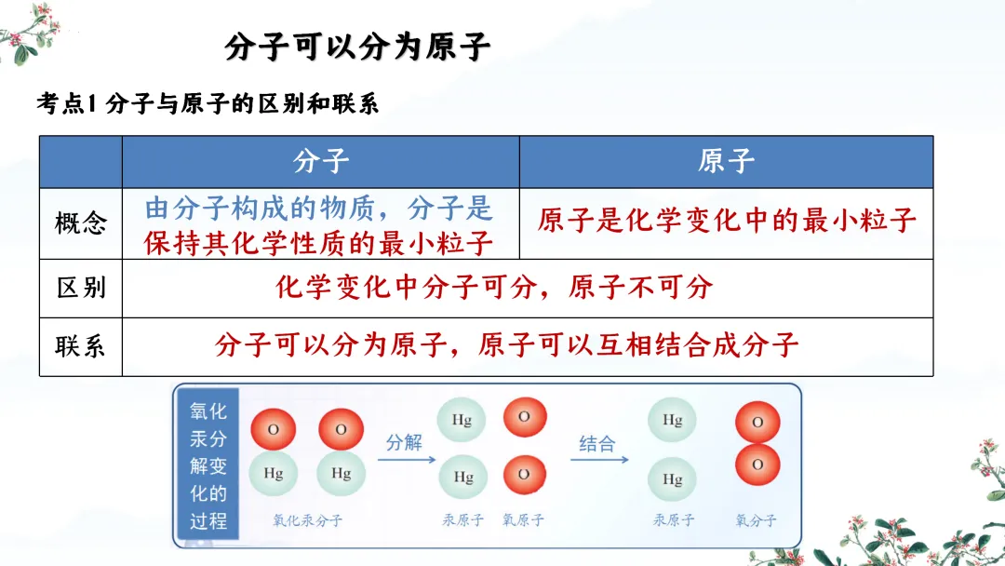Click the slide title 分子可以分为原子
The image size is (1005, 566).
point(357,47)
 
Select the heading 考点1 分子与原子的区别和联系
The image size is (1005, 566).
point(207,103)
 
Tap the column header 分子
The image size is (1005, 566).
point(321,161)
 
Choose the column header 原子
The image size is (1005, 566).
point(726,161)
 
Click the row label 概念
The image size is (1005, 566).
point(81,223)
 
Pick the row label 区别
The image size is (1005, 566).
point(81,288)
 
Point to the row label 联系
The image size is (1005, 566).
point(81,346)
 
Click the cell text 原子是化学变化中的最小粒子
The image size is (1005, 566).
point(727,221)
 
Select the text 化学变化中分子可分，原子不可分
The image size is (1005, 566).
point(494,287)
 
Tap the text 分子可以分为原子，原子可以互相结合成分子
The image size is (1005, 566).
point(506,345)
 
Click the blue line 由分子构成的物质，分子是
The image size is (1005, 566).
point(318,208)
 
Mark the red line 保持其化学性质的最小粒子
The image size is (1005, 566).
point(318,243)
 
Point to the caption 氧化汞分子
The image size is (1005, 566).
point(307,520)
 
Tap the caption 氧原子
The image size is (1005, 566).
point(524,520)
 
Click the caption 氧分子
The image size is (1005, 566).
point(756,520)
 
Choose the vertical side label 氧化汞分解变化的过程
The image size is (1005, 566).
point(208,465)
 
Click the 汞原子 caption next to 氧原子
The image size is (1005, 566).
point(463,520)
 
